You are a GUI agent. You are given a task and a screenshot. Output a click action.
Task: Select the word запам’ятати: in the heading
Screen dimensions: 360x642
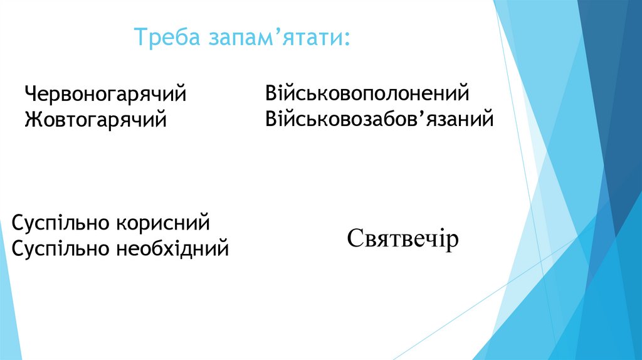click(x=278, y=38)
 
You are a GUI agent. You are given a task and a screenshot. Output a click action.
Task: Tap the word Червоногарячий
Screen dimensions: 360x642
click(x=106, y=95)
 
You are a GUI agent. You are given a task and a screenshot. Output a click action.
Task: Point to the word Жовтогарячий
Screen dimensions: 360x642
click(x=96, y=119)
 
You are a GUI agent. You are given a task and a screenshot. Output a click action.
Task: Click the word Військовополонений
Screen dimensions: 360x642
click(x=367, y=94)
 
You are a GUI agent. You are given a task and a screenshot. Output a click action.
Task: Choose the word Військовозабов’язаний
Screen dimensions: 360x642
click(x=379, y=118)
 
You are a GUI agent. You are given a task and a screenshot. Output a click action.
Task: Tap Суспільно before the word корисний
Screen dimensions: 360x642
click(x=60, y=224)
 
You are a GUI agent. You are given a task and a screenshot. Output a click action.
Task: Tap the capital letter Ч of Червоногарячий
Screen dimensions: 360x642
click(x=30, y=95)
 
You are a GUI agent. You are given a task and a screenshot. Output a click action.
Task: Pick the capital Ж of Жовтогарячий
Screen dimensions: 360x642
click(x=32, y=119)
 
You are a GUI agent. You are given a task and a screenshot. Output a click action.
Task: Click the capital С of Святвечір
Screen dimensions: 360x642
click(x=354, y=238)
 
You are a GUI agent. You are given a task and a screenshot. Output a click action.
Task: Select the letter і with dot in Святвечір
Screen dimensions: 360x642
click(x=440, y=238)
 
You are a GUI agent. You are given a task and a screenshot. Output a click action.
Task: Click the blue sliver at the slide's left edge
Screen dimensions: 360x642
click(x=8, y=295)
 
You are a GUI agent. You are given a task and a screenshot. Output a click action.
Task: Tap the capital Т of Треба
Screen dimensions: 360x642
click(x=139, y=38)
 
